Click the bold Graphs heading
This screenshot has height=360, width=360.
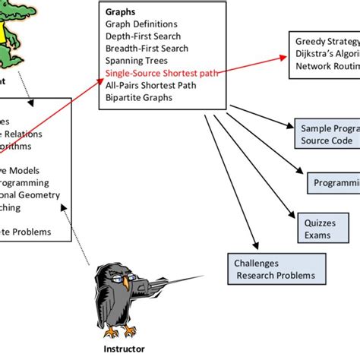[x=122, y=13]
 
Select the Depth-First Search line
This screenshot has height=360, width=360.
[x=147, y=37]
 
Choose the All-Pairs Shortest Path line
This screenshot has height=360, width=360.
[x=155, y=86]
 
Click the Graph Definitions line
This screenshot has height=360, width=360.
[x=142, y=25]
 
